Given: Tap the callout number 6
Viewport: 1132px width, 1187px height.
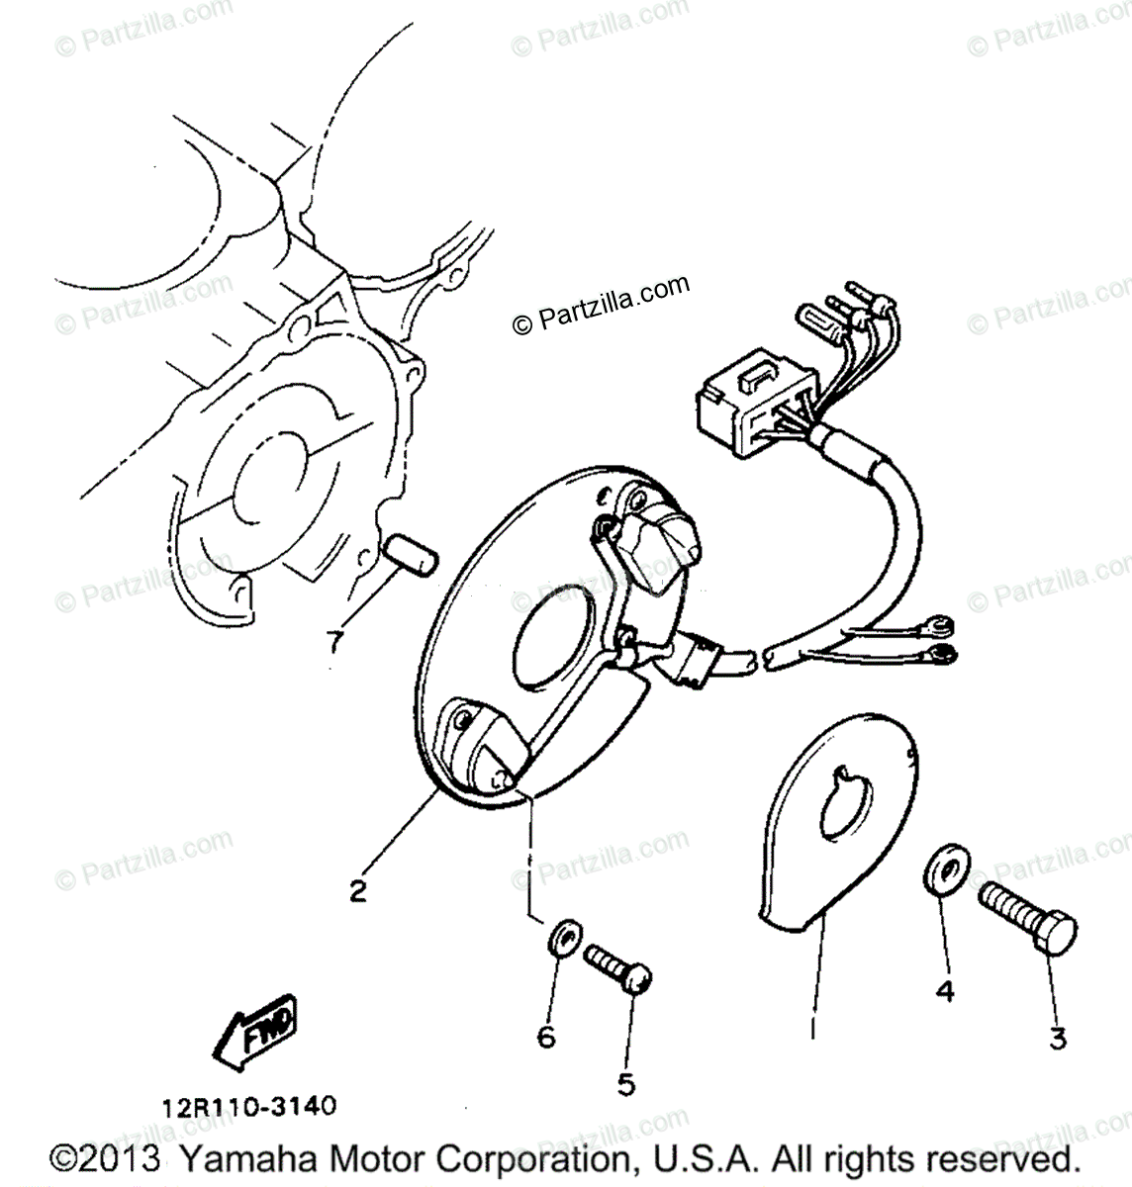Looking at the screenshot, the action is (546, 1037).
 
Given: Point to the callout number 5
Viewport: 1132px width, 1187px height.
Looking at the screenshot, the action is (625, 1085).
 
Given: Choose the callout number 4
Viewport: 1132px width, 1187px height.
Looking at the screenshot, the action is (945, 991).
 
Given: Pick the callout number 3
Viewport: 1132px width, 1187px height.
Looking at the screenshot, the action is (1058, 1039).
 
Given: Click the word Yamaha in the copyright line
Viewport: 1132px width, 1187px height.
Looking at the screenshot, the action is (240, 1159).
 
